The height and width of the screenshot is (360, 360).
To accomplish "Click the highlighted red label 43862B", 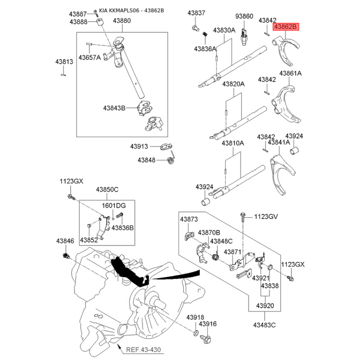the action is [286, 27].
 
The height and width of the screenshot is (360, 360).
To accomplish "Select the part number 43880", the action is [121, 21].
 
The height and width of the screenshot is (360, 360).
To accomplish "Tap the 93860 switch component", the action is [243, 36].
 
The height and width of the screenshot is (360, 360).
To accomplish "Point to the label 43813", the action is [64, 62].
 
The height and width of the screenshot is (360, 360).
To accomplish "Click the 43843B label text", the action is [114, 108].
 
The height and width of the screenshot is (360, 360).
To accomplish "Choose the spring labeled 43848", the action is [171, 157].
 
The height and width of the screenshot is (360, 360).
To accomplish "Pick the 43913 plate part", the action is [166, 146].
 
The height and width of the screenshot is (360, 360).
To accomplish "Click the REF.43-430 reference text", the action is [143, 350].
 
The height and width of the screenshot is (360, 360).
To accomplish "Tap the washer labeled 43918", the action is [196, 333].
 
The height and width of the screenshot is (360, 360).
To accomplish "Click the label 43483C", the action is [264, 325].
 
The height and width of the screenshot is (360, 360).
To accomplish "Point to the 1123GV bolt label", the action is [266, 216].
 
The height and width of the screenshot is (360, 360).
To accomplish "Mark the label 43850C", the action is [107, 189].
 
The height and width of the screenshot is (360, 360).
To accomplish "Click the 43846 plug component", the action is [66, 255].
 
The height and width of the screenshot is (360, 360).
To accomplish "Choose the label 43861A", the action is [290, 73].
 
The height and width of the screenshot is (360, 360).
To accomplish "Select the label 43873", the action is [189, 219].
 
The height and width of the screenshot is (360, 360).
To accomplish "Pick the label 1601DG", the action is [114, 206].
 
